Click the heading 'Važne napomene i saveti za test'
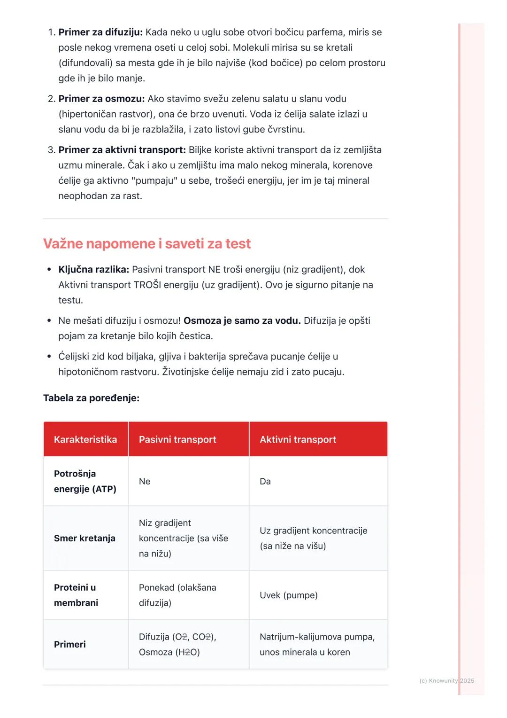[147, 243]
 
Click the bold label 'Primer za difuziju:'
[100, 32]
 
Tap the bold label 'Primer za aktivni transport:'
[122, 150]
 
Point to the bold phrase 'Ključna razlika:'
[93, 269]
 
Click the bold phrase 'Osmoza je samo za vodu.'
[242, 320]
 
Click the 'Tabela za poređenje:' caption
[91, 398]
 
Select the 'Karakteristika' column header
[85, 439]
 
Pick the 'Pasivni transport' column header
[177, 439]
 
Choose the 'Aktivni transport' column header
[298, 439]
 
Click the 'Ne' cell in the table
[145, 481]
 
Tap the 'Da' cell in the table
[265, 481]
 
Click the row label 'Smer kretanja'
[84, 538]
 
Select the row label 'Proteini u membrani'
[76, 595]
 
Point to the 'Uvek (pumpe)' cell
[288, 595]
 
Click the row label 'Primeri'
[70, 644]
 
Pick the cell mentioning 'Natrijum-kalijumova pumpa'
[317, 644]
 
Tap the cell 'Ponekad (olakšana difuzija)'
[177, 595]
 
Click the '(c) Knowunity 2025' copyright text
[446, 680]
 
